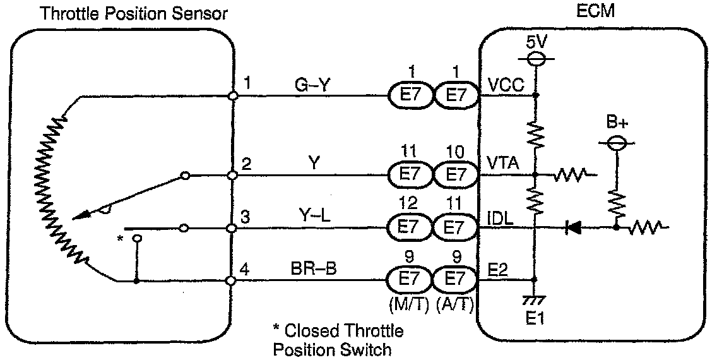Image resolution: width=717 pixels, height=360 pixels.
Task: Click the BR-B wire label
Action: tap(314, 268)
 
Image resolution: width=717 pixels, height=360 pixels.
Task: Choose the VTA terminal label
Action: tap(503, 164)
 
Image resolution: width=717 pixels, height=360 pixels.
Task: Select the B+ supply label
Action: tap(615, 123)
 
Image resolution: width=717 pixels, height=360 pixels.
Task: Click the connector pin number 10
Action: tap(453, 153)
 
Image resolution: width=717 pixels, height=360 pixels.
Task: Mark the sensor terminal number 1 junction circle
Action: tap(233, 96)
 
